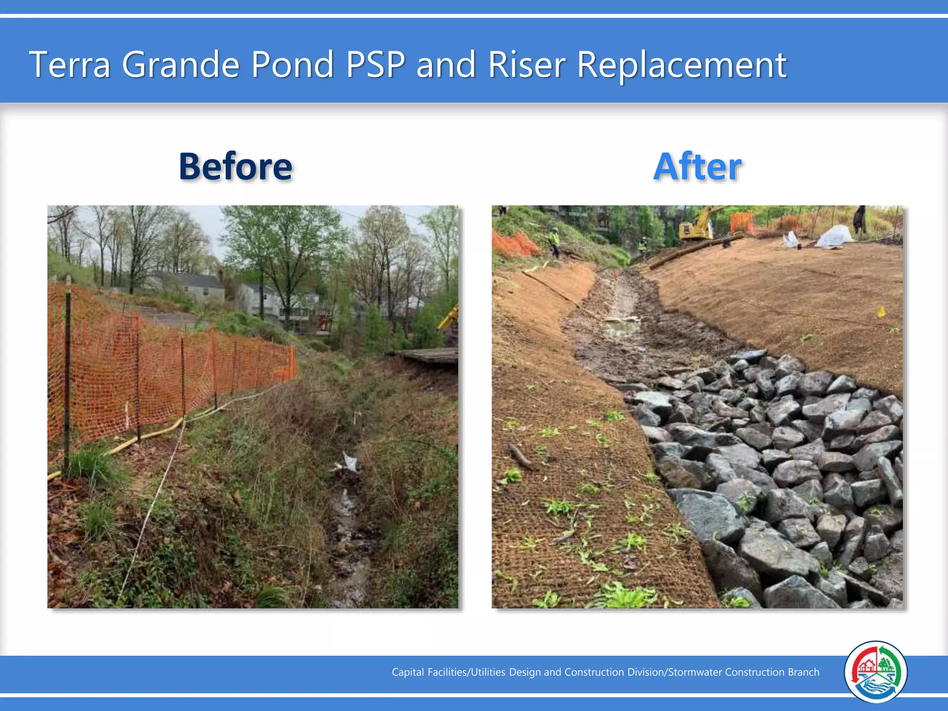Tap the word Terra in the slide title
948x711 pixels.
point(70,64)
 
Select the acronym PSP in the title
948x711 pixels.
point(375,64)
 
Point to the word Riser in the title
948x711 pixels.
point(527,64)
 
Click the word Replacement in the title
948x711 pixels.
point(681,65)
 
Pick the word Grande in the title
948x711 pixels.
point(181,64)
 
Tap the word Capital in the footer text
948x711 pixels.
point(407,672)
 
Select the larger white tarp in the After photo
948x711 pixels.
point(834,237)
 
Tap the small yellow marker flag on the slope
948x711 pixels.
point(881,312)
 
